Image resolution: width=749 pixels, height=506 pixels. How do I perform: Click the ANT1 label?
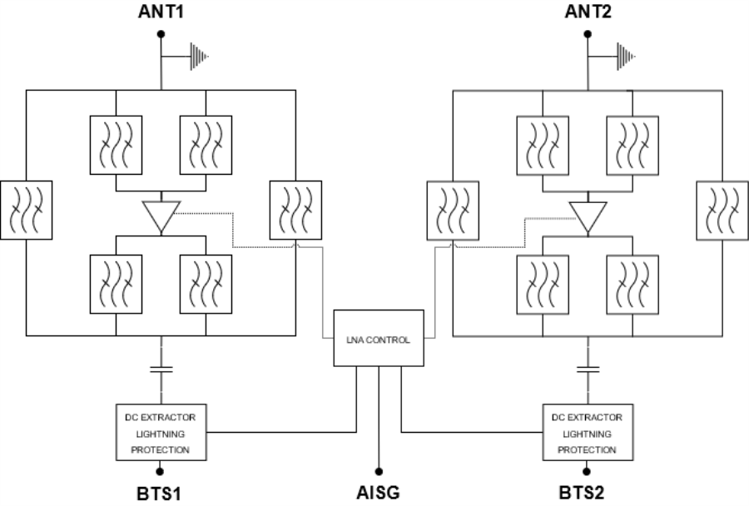(161, 12)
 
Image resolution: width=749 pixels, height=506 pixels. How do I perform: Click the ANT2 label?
(588, 12)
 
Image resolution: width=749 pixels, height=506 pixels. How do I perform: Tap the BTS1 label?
(161, 493)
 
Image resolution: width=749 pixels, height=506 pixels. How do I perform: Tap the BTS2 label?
(588, 493)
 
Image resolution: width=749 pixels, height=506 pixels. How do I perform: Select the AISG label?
(379, 493)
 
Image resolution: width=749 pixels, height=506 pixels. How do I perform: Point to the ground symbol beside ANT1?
(200, 57)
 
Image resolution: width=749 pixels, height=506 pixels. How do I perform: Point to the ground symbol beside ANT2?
(626, 57)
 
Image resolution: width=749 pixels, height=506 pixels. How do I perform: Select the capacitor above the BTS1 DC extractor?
(161, 367)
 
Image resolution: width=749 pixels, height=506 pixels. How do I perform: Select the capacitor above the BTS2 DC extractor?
(588, 367)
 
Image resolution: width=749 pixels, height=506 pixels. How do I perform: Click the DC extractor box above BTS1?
(161, 432)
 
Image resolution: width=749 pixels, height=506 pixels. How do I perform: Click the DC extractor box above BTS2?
(588, 432)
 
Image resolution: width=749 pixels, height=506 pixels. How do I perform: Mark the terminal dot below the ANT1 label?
(161, 34)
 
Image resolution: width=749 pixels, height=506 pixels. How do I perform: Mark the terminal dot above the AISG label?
(379, 469)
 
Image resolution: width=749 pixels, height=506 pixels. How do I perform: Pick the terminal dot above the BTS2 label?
(588, 470)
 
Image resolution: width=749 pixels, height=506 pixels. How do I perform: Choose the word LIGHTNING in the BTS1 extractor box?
(161, 433)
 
